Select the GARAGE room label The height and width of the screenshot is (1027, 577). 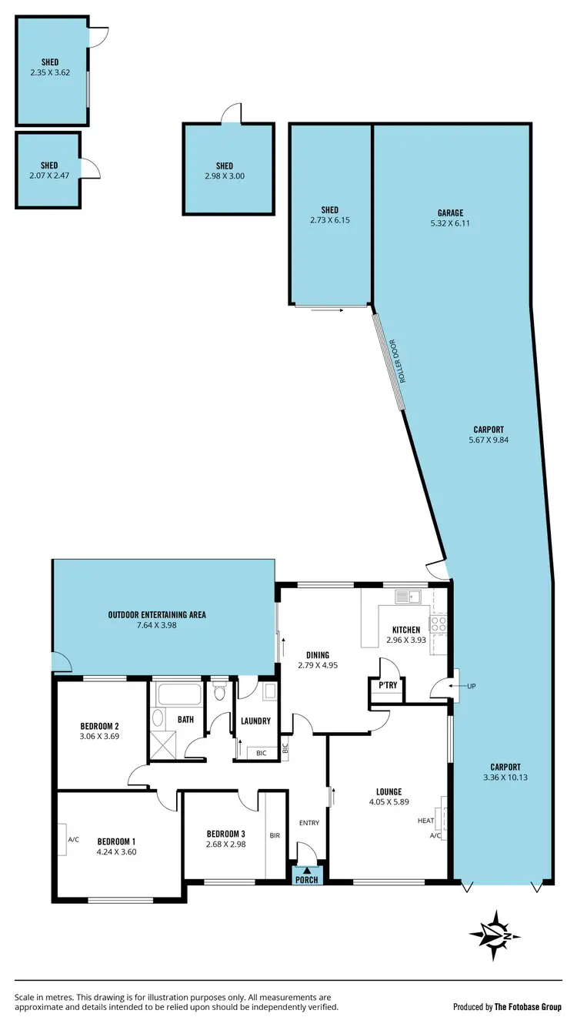[452, 213]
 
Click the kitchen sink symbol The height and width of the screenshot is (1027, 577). [406, 596]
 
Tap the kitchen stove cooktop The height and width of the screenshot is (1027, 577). [439, 624]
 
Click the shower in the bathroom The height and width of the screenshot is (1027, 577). [164, 744]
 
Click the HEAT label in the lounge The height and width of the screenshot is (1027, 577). [426, 821]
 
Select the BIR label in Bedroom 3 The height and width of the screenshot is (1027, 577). [275, 835]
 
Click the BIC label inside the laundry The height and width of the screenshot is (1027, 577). [261, 752]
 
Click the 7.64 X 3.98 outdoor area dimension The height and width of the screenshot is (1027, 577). [157, 625]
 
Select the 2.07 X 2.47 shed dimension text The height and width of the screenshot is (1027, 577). [49, 176]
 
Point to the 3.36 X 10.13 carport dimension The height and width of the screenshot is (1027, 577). [505, 777]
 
